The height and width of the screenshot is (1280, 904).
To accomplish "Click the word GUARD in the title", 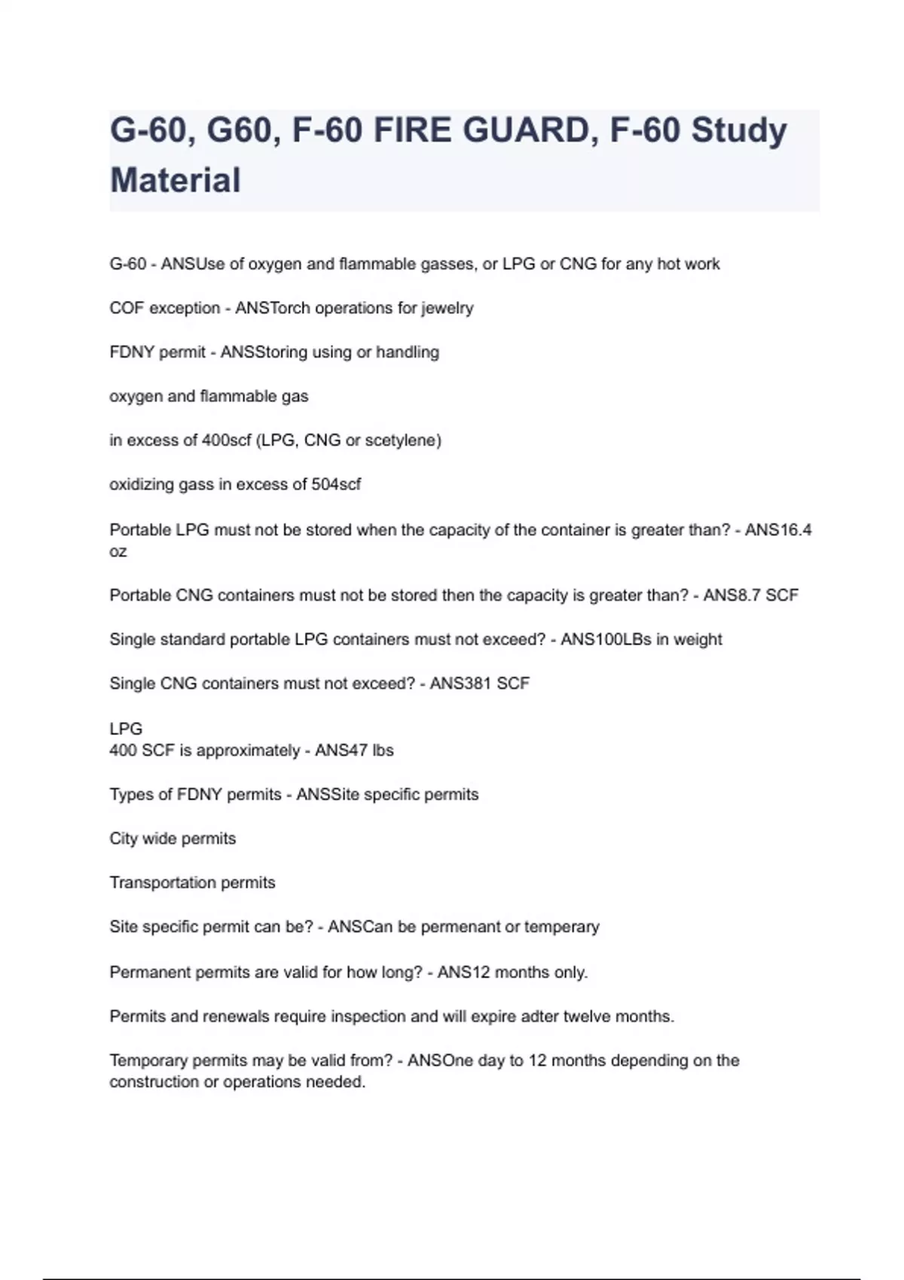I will [526, 130].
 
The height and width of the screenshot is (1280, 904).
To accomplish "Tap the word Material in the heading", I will [176, 181].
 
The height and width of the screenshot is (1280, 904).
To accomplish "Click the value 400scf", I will [226, 440].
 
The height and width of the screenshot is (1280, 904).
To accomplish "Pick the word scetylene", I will [403, 440].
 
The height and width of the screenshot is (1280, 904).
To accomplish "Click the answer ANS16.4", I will [778, 530].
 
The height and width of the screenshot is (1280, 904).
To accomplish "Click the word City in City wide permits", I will [123, 839].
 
